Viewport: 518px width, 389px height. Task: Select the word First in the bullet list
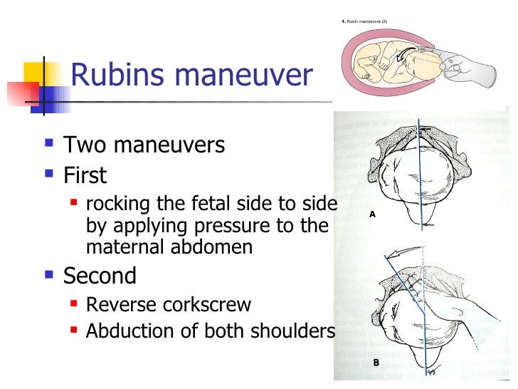pyautogui.click(x=85, y=175)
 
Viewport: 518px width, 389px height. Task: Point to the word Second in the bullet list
pyautogui.click(x=100, y=275)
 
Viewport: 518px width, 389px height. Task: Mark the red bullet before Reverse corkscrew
pyautogui.click(x=75, y=304)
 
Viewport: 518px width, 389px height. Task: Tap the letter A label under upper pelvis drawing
pyautogui.click(x=372, y=214)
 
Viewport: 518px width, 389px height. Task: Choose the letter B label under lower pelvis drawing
pyautogui.click(x=375, y=363)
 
